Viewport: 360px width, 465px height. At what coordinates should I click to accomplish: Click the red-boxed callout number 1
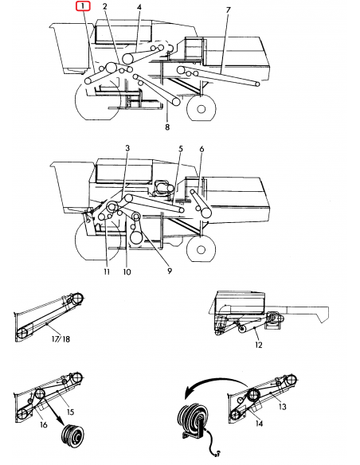pyautogui.click(x=84, y=6)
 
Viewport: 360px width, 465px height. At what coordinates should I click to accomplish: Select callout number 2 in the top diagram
pyautogui.click(x=105, y=6)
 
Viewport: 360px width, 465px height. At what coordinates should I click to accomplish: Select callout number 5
pyautogui.click(x=181, y=149)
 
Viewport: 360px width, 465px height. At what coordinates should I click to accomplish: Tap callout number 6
pyautogui.click(x=202, y=149)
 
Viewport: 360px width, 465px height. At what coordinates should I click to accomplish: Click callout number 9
pyautogui.click(x=169, y=270)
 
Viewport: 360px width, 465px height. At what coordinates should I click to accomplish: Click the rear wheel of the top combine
pyautogui.click(x=201, y=107)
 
